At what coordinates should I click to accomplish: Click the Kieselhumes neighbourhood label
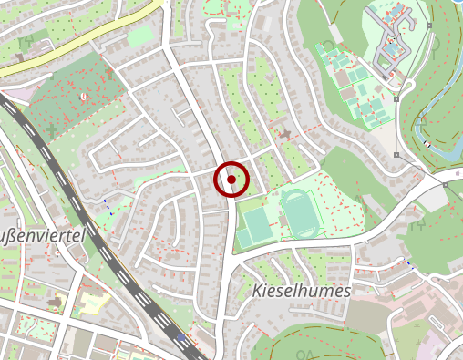pos(299,291)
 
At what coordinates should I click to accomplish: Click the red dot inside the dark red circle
pos(231,180)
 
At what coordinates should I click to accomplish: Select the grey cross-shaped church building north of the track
pos(285,135)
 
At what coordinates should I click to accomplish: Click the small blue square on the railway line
pos(180,337)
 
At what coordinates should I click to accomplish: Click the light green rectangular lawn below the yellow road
pos(140,36)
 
